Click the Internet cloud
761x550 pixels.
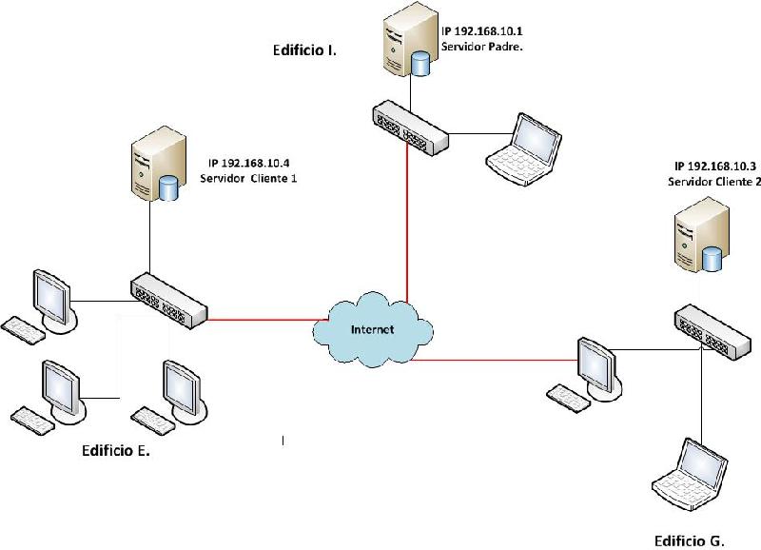click(373, 330)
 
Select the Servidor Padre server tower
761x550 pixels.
click(408, 39)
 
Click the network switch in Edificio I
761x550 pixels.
click(411, 128)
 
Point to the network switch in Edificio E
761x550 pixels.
click(168, 301)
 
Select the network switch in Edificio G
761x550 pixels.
click(712, 331)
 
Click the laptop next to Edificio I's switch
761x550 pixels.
click(524, 148)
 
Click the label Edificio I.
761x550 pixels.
click(304, 50)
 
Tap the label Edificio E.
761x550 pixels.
click(116, 450)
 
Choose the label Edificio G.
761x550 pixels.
click(689, 540)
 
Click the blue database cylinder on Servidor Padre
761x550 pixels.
click(420, 65)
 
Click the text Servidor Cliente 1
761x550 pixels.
click(248, 178)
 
